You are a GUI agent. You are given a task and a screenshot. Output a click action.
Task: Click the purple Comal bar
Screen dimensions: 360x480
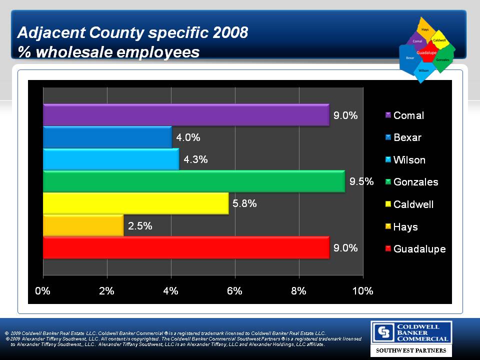186,114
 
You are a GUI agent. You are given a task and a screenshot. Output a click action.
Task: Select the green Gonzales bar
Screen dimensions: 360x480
194,181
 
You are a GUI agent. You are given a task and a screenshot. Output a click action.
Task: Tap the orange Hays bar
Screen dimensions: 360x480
83,225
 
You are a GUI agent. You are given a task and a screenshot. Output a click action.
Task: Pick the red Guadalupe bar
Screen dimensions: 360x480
186,247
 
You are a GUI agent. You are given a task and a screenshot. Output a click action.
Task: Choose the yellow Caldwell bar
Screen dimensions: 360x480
135,203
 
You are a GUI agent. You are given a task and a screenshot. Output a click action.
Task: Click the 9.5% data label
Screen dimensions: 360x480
361,181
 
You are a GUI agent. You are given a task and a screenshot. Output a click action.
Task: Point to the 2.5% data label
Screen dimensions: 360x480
140,226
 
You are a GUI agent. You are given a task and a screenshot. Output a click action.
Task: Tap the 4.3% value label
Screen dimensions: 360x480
195,159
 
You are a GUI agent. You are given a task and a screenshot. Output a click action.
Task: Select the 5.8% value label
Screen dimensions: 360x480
244,203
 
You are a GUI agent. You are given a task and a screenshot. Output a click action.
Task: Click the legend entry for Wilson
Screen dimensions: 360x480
409,160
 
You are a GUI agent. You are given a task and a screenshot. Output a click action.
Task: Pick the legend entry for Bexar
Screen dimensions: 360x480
407,137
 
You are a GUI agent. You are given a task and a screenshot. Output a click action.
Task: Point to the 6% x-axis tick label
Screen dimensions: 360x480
235,291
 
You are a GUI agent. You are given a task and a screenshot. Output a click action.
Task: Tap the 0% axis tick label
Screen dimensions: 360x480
43,291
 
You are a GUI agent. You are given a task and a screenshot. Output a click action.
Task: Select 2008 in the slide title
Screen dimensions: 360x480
229,33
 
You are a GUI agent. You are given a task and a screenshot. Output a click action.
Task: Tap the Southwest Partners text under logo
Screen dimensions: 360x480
411,351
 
